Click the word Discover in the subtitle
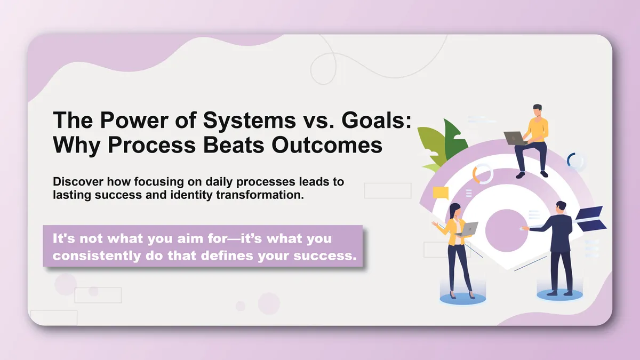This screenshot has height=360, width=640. pos(75,182)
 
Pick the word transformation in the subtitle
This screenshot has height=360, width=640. pos(260,195)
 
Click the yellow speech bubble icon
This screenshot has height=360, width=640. pos(441,193)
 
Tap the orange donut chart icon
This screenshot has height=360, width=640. pos(483,174)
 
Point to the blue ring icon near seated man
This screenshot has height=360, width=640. pos(575,161)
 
